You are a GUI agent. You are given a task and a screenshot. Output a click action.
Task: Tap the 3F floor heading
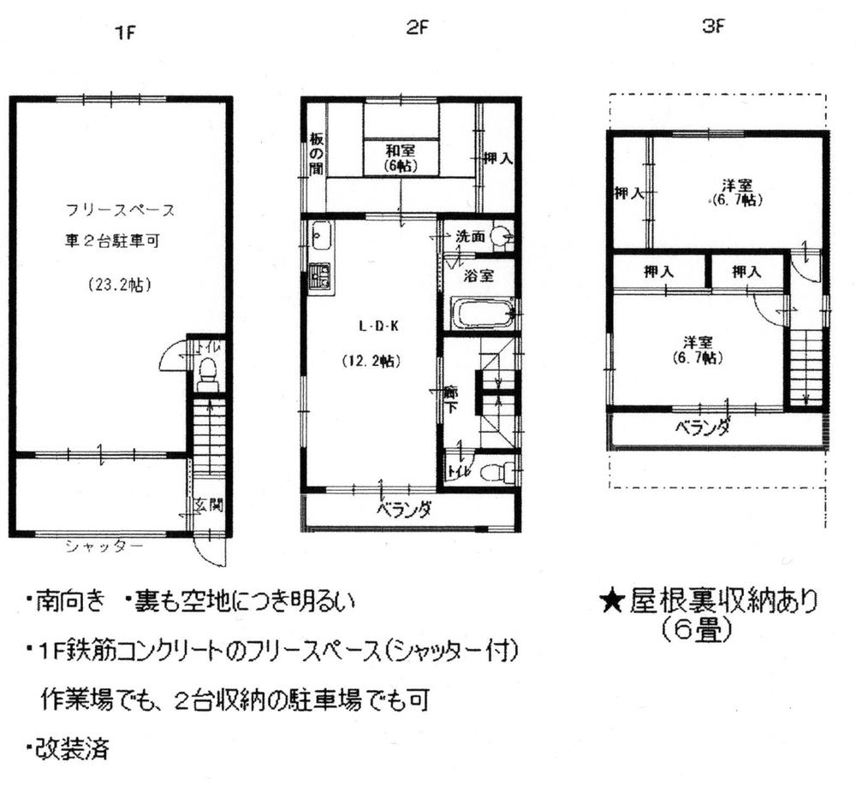(x=713, y=27)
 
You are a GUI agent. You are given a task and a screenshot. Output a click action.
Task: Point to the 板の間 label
(x=316, y=152)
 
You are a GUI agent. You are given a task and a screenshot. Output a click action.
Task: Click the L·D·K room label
(x=374, y=326)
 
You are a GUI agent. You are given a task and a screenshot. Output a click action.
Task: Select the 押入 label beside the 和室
(x=497, y=157)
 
